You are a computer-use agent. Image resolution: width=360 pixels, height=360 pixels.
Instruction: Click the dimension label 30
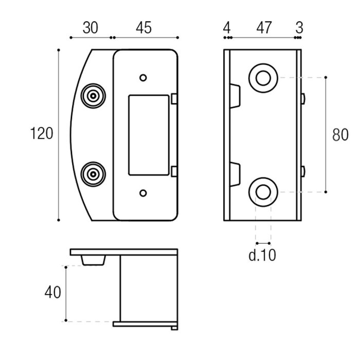(x=90, y=28)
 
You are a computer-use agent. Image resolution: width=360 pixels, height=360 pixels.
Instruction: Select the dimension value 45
(x=143, y=28)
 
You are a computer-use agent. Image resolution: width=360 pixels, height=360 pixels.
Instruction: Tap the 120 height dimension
(x=42, y=133)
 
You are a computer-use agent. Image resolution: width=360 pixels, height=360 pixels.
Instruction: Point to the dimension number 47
(x=264, y=28)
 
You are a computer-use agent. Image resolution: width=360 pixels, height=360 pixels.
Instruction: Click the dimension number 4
(x=227, y=28)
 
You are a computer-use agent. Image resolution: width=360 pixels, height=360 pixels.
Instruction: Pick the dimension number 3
(x=299, y=28)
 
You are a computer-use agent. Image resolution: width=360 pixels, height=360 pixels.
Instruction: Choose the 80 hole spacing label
(x=340, y=135)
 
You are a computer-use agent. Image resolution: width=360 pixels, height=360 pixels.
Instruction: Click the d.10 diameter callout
(x=262, y=255)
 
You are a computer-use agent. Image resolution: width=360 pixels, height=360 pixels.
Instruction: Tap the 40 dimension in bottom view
(x=53, y=292)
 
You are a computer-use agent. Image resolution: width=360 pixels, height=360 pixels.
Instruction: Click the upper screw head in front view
(x=93, y=96)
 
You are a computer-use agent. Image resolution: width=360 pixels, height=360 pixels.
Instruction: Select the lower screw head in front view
(x=93, y=174)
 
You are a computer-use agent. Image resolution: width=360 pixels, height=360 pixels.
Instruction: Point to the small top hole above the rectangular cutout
(x=143, y=78)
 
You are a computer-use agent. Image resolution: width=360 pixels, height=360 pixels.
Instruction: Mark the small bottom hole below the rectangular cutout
(x=143, y=193)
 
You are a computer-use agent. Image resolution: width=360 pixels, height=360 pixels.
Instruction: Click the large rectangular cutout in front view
(x=149, y=135)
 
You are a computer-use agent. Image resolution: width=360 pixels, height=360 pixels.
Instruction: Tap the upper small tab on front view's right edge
(x=174, y=99)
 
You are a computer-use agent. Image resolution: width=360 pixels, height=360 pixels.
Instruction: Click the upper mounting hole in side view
(x=263, y=78)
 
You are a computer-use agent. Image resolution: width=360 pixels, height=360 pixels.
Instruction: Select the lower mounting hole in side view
(x=263, y=192)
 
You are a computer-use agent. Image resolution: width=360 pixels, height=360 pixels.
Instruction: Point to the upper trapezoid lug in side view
(x=235, y=96)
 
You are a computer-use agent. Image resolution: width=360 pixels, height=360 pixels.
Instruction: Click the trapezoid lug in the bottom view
(x=93, y=260)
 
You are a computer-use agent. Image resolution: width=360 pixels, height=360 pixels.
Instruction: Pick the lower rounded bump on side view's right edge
(x=303, y=171)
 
